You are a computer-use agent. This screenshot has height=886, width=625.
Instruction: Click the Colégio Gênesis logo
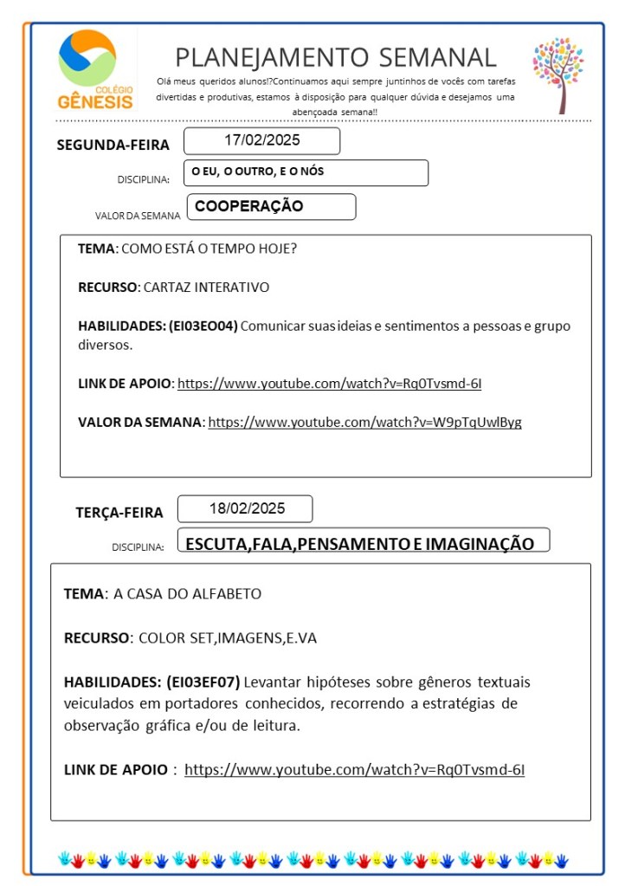95,70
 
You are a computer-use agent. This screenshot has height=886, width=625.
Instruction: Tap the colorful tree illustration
557,74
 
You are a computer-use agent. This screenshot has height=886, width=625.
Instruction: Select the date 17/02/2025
261,140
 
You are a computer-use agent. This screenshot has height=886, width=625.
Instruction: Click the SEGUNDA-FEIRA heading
113,145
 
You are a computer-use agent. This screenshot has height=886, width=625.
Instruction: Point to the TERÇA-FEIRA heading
119,513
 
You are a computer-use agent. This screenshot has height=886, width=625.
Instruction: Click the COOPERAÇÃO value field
270,207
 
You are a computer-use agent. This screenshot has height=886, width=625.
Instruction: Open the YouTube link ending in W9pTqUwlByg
364,423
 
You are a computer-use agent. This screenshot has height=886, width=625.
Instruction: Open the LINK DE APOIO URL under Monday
335,383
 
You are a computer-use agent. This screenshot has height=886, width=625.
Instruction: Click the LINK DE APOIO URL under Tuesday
354,769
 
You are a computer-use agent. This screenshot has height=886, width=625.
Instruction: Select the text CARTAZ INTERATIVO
205,287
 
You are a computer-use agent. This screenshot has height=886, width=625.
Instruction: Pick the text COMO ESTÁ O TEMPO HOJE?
209,249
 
